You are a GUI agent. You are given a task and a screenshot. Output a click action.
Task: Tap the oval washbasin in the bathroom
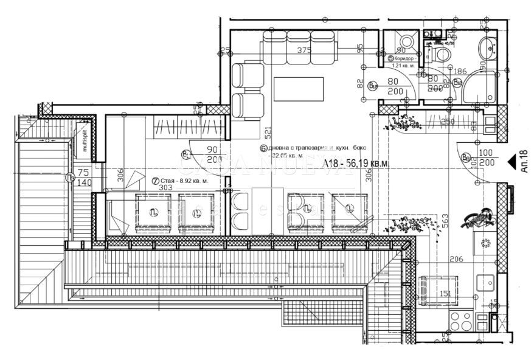488,47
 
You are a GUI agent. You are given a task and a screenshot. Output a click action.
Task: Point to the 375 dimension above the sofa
297,51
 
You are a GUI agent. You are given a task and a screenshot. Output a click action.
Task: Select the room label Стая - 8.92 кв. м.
181,181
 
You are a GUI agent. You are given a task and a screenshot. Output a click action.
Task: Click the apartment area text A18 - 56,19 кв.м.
356,164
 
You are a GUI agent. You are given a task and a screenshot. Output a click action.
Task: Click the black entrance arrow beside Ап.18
512,162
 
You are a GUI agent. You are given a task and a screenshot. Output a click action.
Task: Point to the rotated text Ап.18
524,163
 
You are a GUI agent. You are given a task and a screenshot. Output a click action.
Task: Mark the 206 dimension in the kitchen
456,259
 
